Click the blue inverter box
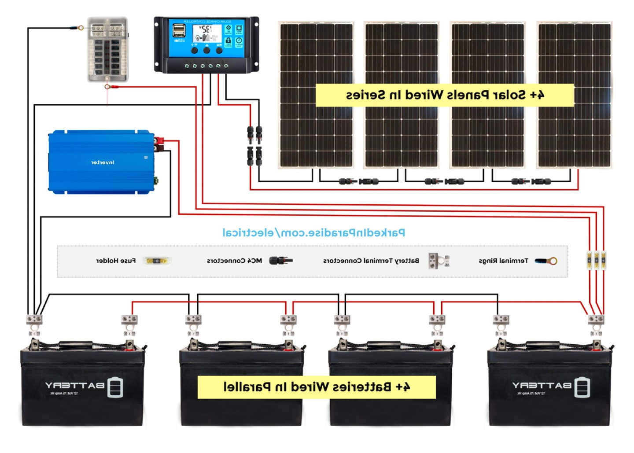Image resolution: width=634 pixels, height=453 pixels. (x=101, y=162)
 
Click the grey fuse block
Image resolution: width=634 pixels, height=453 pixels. (x=108, y=49)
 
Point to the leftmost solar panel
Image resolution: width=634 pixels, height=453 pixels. (x=316, y=95)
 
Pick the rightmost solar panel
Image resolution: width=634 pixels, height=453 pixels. (x=575, y=95)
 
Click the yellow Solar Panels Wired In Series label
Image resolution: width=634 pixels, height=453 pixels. (x=445, y=95)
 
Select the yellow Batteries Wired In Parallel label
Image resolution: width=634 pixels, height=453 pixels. (x=317, y=387)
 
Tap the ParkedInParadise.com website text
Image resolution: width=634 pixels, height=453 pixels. (x=313, y=232)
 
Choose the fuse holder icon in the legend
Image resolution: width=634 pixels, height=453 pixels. (x=157, y=261)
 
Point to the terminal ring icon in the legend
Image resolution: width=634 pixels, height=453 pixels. (x=546, y=261)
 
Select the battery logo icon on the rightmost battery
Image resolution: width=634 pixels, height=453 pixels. (x=582, y=387)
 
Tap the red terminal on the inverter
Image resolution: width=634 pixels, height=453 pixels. (x=158, y=141)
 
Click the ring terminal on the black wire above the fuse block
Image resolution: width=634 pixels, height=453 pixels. (x=80, y=28)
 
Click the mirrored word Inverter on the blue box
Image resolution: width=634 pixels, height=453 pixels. (x=103, y=162)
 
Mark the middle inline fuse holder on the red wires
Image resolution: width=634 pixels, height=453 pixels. (x=597, y=260)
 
